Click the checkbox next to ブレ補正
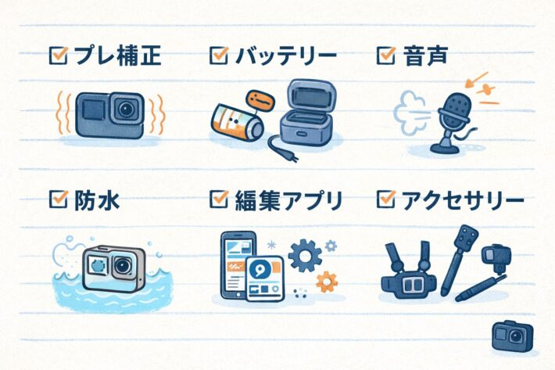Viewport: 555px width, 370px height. pos(57,55)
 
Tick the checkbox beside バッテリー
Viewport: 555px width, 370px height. pos(219,55)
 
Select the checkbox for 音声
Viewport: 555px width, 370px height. pos(385,55)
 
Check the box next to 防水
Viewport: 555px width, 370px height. pos(57,201)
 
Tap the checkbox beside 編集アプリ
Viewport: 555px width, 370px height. pos(219,201)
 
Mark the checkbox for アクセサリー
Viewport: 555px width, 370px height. pos(385,201)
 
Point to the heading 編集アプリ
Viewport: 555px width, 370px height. pos(288,201)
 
